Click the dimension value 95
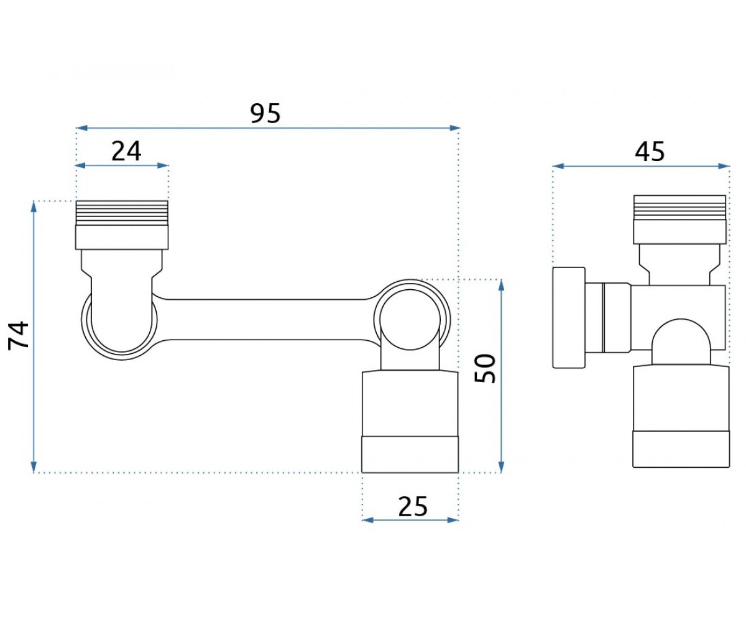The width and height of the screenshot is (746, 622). point(265,113)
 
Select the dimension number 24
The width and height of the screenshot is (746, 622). point(126,152)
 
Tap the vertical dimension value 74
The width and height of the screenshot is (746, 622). point(19,335)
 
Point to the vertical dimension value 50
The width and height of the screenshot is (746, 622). point(485,368)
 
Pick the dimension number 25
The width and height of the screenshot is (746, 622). point(413,506)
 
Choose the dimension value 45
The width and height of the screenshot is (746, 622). point(650,152)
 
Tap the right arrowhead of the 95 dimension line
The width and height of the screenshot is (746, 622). point(454,128)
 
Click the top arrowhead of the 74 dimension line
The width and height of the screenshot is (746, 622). point(34,207)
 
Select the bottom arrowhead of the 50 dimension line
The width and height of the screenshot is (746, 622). point(501,467)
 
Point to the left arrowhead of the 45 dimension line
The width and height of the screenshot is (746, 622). point(558,166)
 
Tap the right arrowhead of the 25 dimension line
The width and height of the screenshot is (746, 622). point(453,520)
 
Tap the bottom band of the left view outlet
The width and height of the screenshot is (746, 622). point(410,454)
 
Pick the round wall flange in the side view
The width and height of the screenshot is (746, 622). point(569,317)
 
